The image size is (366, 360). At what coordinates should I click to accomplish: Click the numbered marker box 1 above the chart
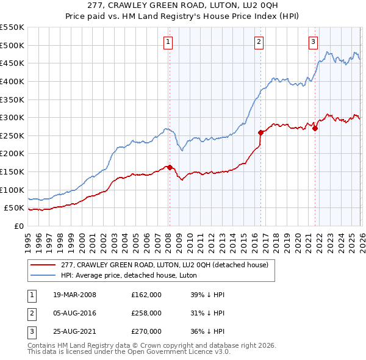pos(168,42)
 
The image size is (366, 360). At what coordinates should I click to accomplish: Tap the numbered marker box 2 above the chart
pos(259,42)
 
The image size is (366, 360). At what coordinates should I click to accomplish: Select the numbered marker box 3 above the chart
pos(313,42)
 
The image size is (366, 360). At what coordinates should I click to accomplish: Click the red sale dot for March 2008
pos(170,167)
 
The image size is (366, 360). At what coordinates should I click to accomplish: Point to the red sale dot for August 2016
pos(260,132)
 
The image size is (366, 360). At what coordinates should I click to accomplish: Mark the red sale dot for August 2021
pos(315,128)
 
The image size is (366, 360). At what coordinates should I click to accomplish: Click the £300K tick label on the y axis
pos(12,117)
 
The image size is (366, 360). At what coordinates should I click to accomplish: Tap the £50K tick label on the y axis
pos(15,208)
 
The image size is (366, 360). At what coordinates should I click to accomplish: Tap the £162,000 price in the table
pos(146,295)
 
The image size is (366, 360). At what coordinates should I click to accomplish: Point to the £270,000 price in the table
pos(146,331)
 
